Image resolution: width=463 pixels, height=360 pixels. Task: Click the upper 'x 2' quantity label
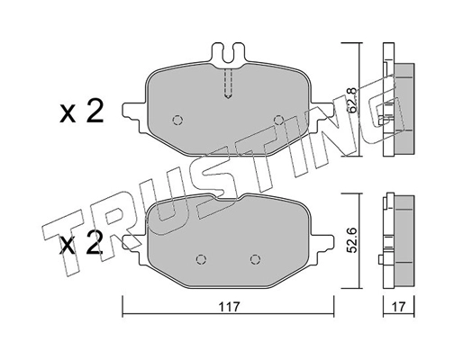82,112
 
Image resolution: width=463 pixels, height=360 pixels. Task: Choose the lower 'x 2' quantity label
82,244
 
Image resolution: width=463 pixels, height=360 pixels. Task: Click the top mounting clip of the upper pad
227,55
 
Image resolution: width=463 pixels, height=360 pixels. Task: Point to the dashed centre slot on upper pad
228,85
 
